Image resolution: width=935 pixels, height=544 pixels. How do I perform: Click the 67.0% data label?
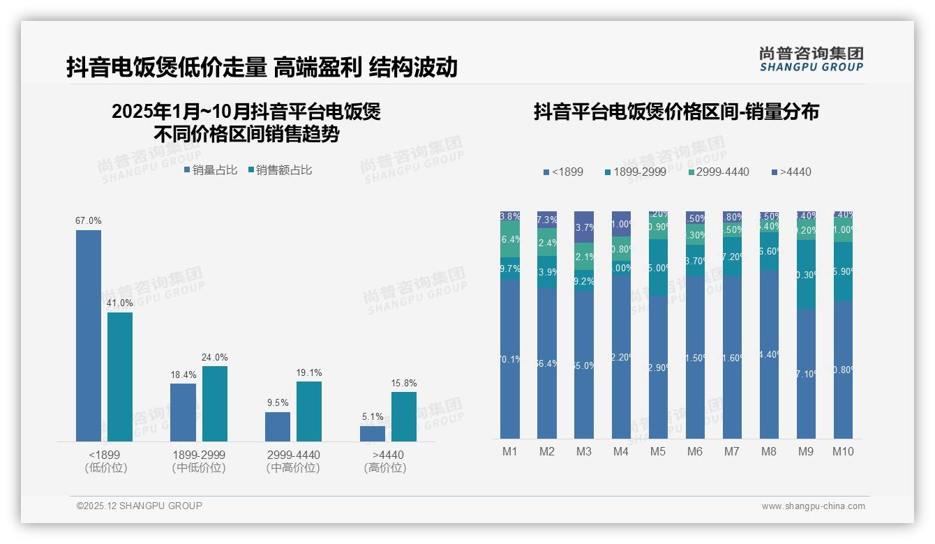[89, 221]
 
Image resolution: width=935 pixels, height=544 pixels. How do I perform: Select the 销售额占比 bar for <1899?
[120, 377]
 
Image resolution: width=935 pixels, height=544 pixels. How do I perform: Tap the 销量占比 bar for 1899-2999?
[183, 412]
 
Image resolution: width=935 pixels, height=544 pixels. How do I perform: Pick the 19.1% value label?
[308, 373]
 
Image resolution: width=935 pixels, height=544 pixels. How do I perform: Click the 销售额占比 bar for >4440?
[403, 416]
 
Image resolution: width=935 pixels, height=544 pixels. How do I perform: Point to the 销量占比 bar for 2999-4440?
[278, 426]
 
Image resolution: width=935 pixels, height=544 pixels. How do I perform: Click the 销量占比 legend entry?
[211, 170]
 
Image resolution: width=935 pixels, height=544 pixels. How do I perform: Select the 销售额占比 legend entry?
[280, 170]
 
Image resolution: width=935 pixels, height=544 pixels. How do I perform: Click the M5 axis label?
[658, 451]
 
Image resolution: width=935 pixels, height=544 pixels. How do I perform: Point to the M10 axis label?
[843, 451]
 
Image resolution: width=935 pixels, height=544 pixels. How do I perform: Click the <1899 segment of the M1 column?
[510, 359]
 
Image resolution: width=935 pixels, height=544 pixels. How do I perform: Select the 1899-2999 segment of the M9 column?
[806, 275]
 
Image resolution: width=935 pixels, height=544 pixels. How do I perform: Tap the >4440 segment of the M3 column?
[584, 227]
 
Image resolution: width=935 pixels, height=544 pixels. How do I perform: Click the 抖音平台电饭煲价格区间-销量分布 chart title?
[676, 112]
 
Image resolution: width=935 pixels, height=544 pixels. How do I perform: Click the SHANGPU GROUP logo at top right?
[811, 59]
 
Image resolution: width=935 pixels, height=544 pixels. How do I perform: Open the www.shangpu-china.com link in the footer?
[813, 506]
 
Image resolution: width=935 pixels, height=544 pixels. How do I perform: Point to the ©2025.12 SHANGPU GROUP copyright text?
[140, 506]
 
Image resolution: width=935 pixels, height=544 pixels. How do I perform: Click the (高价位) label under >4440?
[385, 468]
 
